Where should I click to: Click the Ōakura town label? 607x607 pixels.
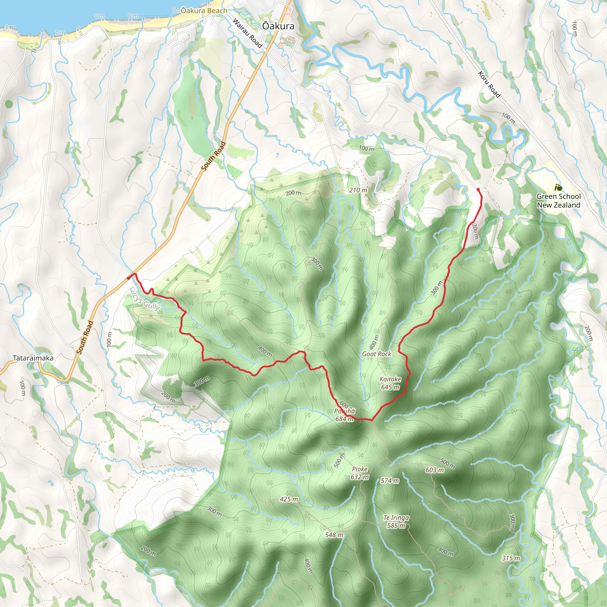coord(278,26)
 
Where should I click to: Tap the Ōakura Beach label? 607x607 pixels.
coord(204,11)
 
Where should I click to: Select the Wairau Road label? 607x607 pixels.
coord(247,33)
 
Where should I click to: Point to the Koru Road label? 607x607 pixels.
coord(489,84)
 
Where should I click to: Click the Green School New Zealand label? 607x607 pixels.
coord(558,200)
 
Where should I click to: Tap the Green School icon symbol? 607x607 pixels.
coord(558,188)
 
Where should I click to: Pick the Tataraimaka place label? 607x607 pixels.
coord(33,358)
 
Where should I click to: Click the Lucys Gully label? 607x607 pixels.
coord(145,299)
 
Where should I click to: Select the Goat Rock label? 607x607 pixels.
coord(377,354)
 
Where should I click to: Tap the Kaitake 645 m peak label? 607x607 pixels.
coord(390,383)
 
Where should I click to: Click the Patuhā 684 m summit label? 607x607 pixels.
coord(345,415)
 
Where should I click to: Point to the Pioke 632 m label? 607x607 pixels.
coord(360,473)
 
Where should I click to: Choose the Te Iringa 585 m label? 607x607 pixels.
coord(396,522)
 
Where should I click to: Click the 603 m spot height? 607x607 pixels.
coord(435,470)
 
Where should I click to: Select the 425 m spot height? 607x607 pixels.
coord(289,499)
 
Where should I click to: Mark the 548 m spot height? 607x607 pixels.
coord(334,535)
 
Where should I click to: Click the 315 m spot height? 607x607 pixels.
coord(511,558)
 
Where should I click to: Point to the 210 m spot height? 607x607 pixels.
coord(358,190)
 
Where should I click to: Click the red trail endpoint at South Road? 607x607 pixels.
coord(129,278)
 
